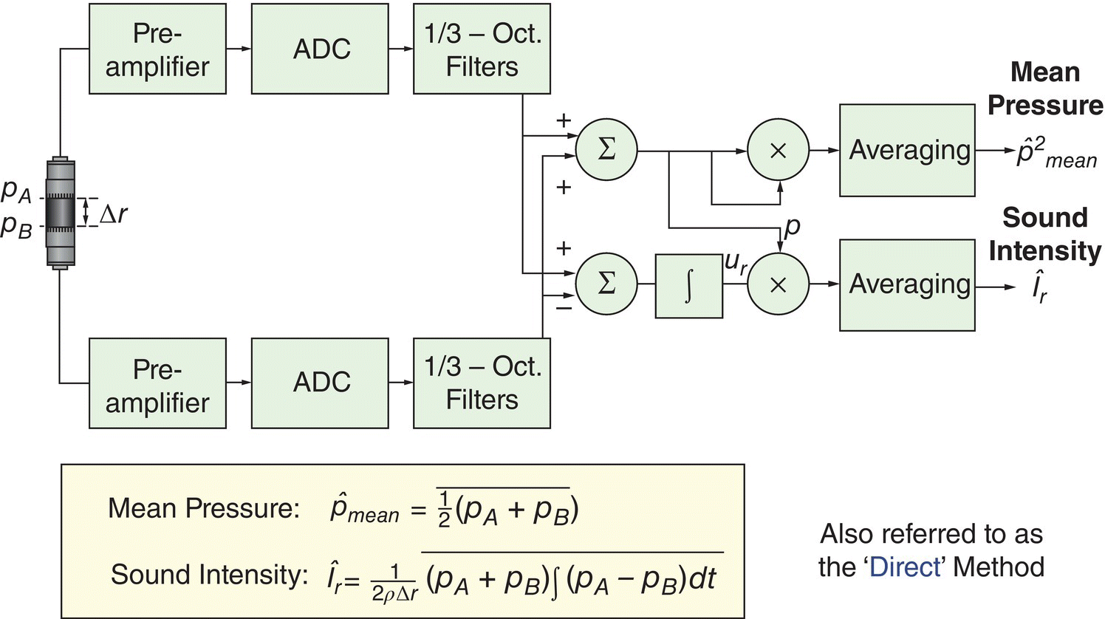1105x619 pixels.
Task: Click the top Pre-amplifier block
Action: pos(157,49)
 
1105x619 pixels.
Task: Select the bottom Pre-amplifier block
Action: pos(157,383)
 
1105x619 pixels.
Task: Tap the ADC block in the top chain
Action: pos(320,49)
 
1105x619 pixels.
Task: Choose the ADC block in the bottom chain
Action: pos(320,383)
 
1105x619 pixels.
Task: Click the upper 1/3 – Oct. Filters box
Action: pos(482,49)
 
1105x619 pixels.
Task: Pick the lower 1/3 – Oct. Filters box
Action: pos(482,383)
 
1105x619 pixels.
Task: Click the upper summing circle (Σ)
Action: pos(606,150)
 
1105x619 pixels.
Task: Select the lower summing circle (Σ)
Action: pos(606,284)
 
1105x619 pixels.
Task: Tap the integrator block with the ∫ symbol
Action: pos(688,286)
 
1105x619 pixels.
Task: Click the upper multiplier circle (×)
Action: pos(778,150)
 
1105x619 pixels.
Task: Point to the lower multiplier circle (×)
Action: pos(778,284)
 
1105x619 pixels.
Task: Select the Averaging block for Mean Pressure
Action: pos(907,150)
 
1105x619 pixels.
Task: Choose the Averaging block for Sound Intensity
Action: pos(907,284)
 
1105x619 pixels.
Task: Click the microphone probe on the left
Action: pos(61,213)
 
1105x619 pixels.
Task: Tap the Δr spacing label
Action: pos(113,213)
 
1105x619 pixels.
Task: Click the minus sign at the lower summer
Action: pos(564,307)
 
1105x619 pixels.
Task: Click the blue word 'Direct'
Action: pos(906,567)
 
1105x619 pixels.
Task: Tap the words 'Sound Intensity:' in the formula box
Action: pos(209,574)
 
